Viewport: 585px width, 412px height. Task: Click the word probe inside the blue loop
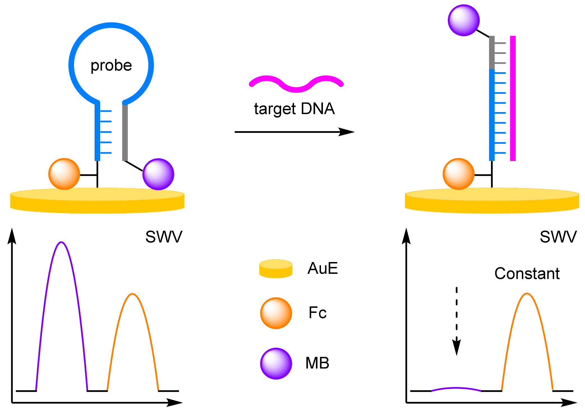point(111,66)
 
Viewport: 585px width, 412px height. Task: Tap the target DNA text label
point(294,109)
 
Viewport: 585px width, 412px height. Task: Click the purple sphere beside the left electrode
point(158,174)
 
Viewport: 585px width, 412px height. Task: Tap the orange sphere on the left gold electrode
point(64,174)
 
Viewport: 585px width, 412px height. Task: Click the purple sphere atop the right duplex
point(464,20)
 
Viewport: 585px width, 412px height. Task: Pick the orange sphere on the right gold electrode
point(458,174)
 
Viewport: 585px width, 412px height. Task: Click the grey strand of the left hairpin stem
point(125,132)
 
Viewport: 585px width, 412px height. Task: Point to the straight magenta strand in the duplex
point(513,98)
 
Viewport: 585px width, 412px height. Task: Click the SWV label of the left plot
point(164,237)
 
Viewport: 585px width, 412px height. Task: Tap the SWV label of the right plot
point(558,237)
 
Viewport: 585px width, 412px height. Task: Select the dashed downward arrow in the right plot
point(456,320)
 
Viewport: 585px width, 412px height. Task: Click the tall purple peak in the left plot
point(62,243)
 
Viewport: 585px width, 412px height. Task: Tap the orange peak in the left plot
point(132,295)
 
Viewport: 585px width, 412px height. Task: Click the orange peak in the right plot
point(527,294)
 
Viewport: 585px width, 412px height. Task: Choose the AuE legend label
point(322,268)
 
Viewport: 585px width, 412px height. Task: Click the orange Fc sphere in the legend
point(276,313)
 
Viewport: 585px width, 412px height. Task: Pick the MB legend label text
point(317,363)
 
